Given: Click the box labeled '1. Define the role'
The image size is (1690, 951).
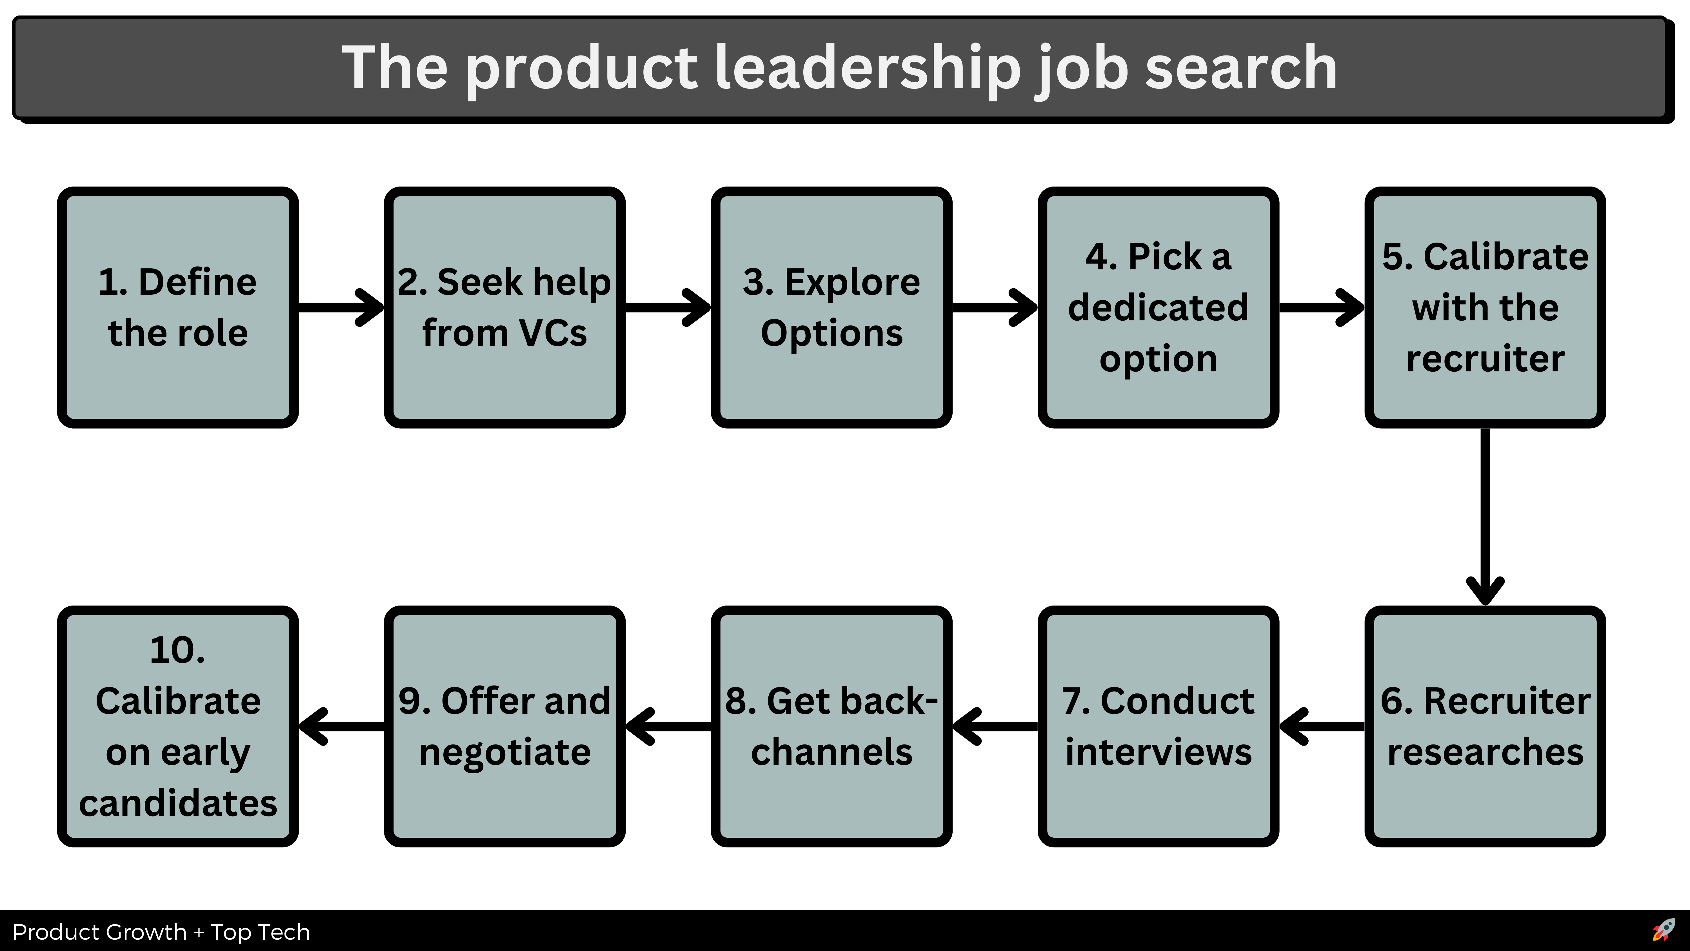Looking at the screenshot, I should click(178, 307).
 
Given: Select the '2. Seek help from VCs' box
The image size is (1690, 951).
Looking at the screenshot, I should click(504, 307).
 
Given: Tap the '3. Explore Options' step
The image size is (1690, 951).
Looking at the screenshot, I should click(831, 307).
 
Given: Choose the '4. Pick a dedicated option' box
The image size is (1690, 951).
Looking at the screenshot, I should click(1158, 307).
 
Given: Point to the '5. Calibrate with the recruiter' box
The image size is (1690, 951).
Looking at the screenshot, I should click(1485, 307).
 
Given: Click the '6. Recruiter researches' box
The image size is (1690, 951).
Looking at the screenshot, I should click(1485, 726).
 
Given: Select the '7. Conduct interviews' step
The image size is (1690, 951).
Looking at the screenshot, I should click(1158, 726).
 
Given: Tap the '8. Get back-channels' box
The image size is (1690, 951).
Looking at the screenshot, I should click(831, 726).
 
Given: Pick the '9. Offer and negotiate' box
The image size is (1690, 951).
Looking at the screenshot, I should click(504, 726).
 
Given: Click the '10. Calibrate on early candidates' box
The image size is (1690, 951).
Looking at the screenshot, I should click(178, 726).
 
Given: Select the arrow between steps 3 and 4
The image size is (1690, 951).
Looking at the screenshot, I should click(995, 307).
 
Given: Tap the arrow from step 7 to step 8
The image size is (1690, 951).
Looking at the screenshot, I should click(995, 726).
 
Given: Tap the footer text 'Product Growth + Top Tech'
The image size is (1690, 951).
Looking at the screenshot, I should click(161, 932).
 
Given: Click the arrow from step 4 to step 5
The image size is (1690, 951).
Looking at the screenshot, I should click(1321, 307).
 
